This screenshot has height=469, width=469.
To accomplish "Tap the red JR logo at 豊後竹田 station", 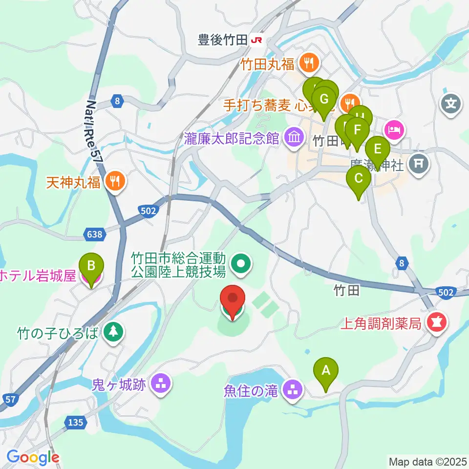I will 256,40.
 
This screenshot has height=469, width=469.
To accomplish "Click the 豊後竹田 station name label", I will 222,40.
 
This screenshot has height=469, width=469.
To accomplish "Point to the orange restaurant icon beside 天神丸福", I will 116,182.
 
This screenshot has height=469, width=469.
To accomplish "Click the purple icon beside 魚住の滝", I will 294,390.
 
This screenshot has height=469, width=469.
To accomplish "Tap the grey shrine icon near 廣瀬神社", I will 419,163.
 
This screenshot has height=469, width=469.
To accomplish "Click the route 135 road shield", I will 76,422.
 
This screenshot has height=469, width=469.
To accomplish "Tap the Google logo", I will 33,458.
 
